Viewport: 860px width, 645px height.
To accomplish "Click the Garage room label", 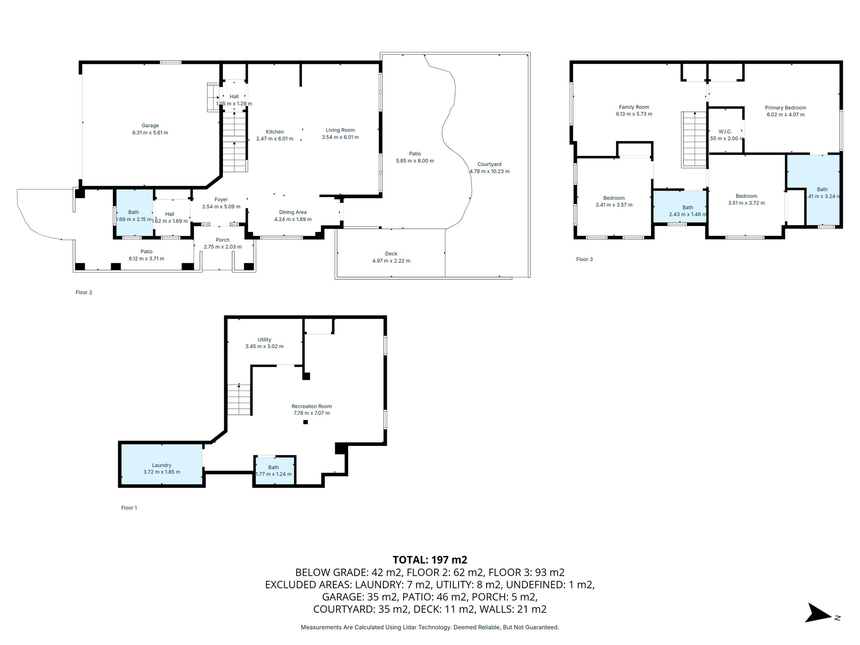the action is point(150,126).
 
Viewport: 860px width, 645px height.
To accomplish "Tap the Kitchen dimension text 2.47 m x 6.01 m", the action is point(275,139).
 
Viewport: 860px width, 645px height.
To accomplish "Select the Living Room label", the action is point(340,130).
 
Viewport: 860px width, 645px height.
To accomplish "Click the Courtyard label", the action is point(489,164).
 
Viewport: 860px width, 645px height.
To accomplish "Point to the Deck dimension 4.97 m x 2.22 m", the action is point(391,261).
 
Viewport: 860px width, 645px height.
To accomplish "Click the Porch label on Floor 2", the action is point(223,240).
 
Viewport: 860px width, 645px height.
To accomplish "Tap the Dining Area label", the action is point(293,212).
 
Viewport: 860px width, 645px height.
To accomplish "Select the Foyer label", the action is point(221,199).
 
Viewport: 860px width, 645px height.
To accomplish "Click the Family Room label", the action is point(634,107).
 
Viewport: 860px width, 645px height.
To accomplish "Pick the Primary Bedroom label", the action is point(785,107).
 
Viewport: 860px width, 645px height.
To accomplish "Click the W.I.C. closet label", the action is point(725,131).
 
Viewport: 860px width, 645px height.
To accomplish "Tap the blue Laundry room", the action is point(162,464).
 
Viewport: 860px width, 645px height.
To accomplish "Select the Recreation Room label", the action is point(312,406).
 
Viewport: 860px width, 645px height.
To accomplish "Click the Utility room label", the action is point(264,340).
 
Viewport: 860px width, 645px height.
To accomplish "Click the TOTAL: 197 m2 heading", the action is point(430,560).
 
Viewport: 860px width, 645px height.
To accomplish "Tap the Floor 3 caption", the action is point(584,259).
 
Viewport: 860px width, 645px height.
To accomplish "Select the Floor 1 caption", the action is point(129,508).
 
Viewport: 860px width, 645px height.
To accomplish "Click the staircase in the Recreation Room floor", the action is point(239,400).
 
